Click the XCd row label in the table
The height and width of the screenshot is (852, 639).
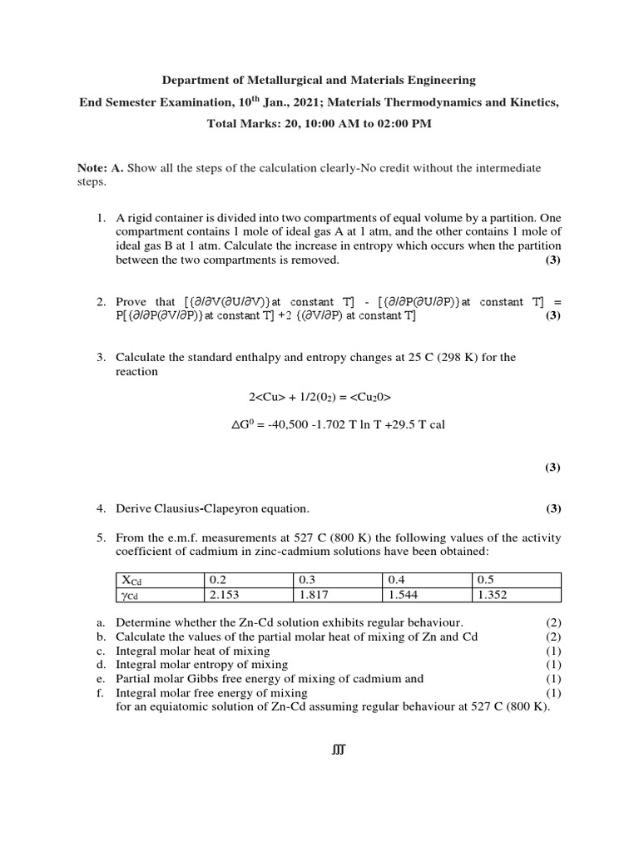[x=132, y=580]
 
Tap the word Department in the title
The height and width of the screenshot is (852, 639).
[x=192, y=81]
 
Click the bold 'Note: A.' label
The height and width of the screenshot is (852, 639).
[x=100, y=168]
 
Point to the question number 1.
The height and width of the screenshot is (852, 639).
[x=100, y=218]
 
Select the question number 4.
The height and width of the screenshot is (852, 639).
[x=100, y=508]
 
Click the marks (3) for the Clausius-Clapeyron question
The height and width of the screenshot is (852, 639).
[x=553, y=508]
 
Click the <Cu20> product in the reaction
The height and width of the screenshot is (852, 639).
[x=367, y=397]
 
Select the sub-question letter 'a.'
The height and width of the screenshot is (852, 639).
[x=100, y=622]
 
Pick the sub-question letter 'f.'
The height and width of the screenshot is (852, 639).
[x=100, y=692]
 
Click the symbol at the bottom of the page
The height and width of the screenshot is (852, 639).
[x=337, y=750]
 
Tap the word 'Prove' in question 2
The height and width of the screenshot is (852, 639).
[x=132, y=302]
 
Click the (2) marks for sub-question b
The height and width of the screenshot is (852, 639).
[x=553, y=637]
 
